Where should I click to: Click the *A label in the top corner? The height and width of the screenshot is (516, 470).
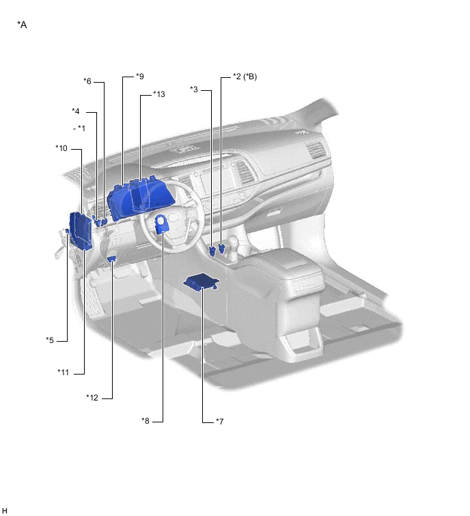click(22, 25)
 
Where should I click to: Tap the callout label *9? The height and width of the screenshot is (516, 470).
click(140, 77)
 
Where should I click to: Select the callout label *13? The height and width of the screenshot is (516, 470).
click(159, 94)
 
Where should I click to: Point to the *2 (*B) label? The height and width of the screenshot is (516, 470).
click(245, 77)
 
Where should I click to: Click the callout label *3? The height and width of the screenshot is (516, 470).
click(194, 89)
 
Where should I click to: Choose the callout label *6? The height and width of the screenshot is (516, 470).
click(87, 81)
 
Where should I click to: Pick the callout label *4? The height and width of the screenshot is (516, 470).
click(76, 111)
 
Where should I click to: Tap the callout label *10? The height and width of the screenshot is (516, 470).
click(61, 148)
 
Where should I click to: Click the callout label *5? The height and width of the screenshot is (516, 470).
click(50, 340)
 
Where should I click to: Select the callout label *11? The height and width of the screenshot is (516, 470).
click(63, 372)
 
